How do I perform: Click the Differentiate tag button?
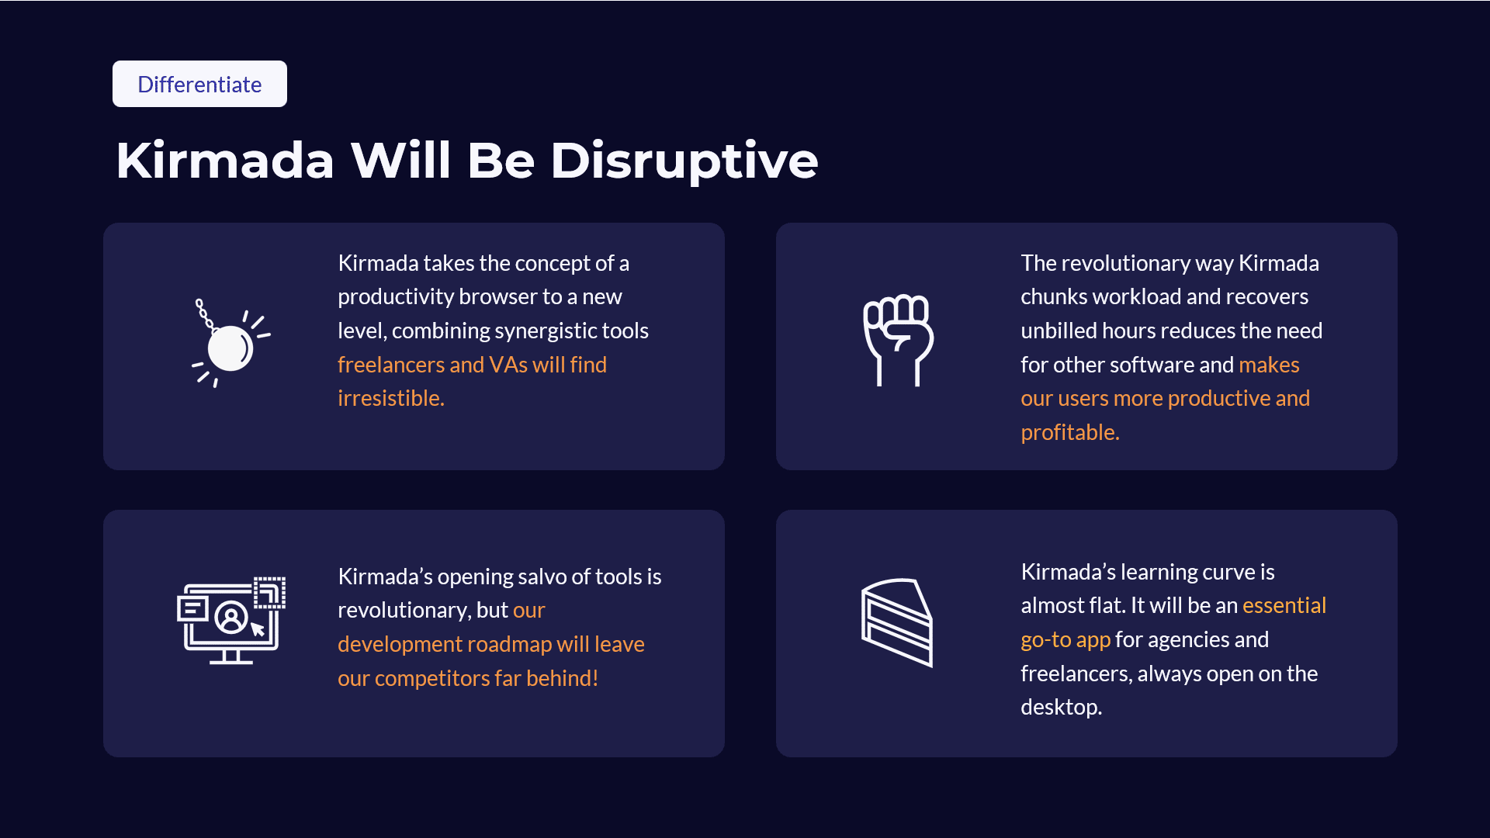pos(199,84)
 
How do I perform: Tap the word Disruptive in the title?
pos(684,161)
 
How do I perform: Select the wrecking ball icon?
pos(231,343)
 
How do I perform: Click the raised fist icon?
pos(899,340)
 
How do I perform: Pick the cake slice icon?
pos(897,622)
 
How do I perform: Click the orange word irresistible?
pos(391,398)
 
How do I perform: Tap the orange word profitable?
pos(1070,432)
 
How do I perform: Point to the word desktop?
pos(1061,707)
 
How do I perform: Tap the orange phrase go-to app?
pos(1066,639)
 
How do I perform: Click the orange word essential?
pos(1284,605)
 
